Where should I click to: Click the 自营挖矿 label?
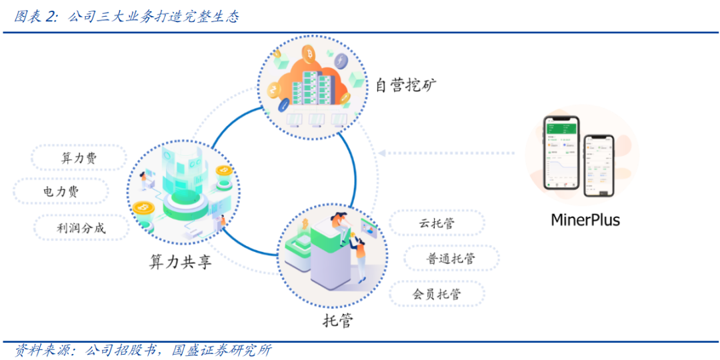coord(405,85)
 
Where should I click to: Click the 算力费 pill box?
coord(78,158)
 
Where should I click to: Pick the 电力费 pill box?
coord(61,192)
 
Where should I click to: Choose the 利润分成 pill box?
coord(81,228)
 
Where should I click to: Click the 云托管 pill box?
coord(436,223)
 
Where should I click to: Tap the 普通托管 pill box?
coord(451,259)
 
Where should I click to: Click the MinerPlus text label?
coord(585,219)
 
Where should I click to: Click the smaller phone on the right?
coord(599,165)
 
